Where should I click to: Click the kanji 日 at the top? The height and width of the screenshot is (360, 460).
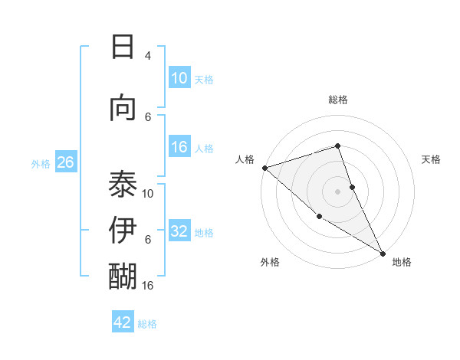tap(123, 47)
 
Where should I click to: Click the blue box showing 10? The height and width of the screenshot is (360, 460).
tap(179, 78)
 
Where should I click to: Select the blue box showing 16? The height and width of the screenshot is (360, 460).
tap(179, 147)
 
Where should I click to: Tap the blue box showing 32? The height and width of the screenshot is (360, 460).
tap(179, 231)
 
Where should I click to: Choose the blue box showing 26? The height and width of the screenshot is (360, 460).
tap(65, 162)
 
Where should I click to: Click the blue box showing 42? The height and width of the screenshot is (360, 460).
tap(123, 322)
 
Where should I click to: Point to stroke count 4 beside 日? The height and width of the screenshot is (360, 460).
tap(148, 56)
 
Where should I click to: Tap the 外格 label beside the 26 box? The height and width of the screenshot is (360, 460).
tap(41, 163)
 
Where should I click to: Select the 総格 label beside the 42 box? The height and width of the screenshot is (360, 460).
tap(147, 323)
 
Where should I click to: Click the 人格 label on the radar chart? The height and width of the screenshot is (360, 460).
tap(245, 159)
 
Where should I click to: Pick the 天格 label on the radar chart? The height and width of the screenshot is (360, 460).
tap(431, 159)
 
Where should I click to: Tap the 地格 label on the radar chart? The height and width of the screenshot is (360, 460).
tap(402, 262)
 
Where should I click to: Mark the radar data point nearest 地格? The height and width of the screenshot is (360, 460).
tap(383, 252)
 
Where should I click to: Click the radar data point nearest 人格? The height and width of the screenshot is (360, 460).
tap(264, 168)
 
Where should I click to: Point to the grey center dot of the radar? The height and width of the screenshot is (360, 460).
tap(337, 191)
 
